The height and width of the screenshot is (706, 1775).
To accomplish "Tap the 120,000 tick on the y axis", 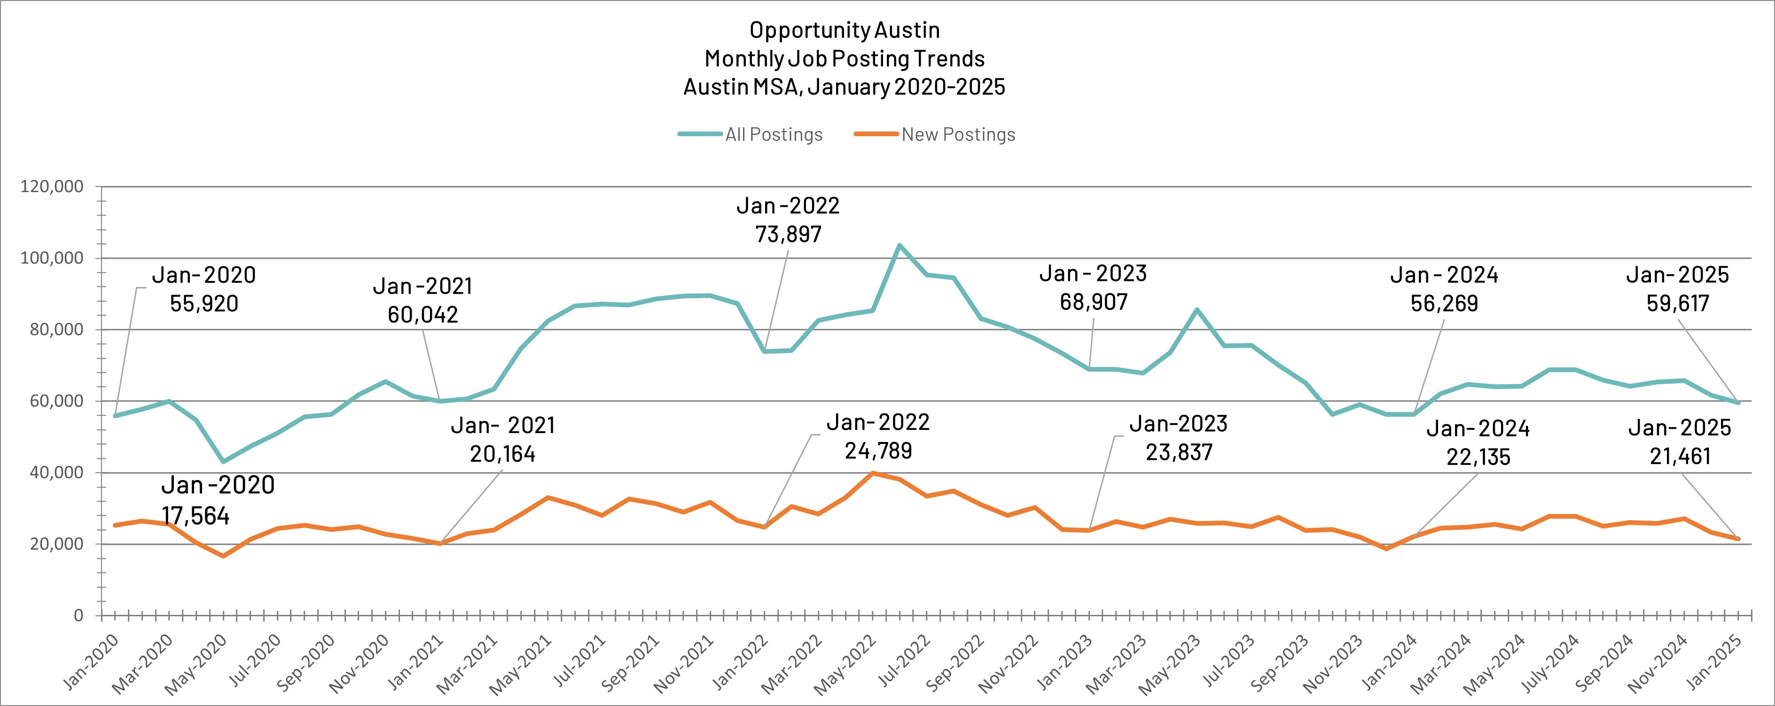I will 52,186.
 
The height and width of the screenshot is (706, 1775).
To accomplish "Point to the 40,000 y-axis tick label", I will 52,473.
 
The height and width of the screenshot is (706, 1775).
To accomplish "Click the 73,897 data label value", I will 788,235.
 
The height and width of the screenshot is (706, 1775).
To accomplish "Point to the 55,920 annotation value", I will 204,304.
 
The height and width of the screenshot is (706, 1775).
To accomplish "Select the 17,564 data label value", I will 195,516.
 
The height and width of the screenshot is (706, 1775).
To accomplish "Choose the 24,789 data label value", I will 878,451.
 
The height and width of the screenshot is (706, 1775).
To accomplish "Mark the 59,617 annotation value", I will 1678,304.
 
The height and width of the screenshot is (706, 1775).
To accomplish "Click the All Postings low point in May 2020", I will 223,461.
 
